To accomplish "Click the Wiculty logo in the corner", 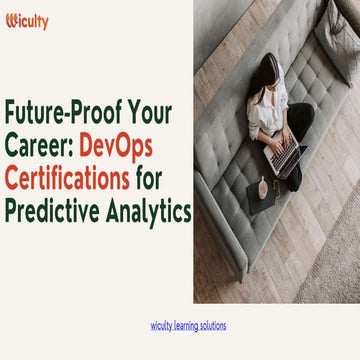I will coord(27,22).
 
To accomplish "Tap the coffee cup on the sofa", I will coord(262,187).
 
